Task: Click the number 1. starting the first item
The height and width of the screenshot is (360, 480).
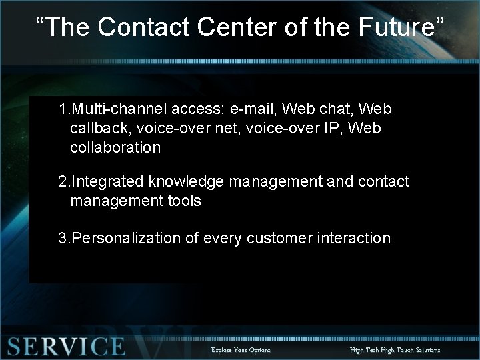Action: (x=63, y=108)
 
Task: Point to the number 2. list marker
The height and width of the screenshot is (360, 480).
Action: (x=63, y=181)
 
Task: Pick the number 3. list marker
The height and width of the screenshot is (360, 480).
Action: (x=63, y=238)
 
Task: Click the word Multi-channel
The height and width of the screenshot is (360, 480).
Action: (x=115, y=108)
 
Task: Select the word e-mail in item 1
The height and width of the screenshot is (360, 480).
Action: (x=247, y=108)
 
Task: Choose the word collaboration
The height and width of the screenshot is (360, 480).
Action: (x=115, y=147)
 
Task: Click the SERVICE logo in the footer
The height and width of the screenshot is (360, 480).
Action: (x=65, y=347)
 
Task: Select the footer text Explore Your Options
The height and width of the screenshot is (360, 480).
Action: (x=241, y=350)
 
